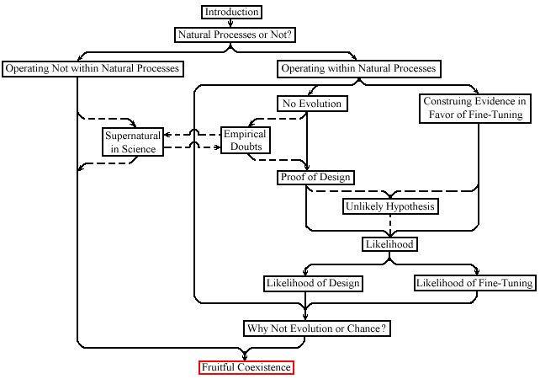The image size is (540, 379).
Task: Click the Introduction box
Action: click(231, 12)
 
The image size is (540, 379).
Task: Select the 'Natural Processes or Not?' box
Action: click(235, 35)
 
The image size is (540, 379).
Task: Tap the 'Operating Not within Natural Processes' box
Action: click(93, 68)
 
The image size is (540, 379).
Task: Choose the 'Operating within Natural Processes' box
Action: click(359, 68)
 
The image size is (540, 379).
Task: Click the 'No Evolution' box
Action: click(312, 104)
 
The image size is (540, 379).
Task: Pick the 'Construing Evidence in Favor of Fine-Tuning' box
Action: click(475, 108)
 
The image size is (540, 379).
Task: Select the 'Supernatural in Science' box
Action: click(133, 142)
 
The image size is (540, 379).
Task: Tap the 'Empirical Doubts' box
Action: click(246, 140)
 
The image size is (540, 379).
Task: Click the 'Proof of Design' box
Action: click(315, 177)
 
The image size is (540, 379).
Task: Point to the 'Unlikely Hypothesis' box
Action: click(390, 206)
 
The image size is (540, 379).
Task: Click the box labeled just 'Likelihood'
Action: click(389, 244)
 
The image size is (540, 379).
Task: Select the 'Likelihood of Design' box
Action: click(313, 284)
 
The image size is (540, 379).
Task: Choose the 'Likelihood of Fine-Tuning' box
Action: click(475, 283)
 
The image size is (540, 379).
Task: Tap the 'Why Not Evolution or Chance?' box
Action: click(317, 328)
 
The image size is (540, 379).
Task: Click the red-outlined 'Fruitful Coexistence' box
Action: click(246, 367)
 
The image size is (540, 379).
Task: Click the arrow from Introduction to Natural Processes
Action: click(230, 23)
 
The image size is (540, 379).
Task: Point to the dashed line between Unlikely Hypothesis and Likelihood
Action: click(389, 226)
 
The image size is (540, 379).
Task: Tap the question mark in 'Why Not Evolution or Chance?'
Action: click(384, 328)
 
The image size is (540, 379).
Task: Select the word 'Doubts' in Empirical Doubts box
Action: click(246, 147)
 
